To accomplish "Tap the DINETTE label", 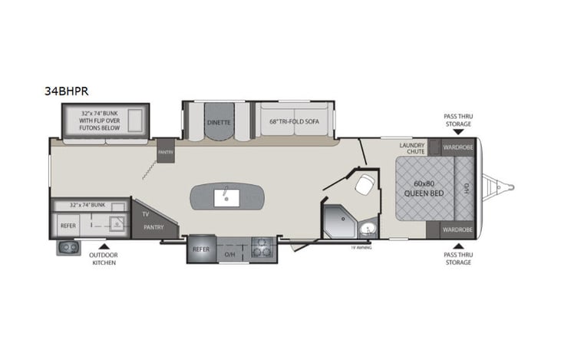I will coord(219,121).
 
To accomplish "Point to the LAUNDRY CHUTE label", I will coord(412,148).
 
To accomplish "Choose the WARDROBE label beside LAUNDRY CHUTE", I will coord(457,145).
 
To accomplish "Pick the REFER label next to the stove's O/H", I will coord(201,249).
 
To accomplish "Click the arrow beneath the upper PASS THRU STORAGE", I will coord(457,133).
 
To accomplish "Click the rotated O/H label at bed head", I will coord(466,188).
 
